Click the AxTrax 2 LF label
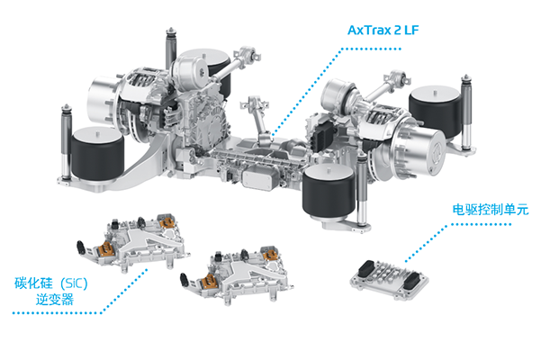click(x=383, y=31)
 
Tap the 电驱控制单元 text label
click(x=491, y=210)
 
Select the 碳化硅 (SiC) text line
click(x=51, y=283)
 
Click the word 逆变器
click(x=55, y=299)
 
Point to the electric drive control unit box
click(x=389, y=279)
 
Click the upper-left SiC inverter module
click(x=133, y=242)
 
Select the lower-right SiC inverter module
click(x=237, y=274)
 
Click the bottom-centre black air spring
click(x=329, y=191)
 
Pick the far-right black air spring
click(x=435, y=111)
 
